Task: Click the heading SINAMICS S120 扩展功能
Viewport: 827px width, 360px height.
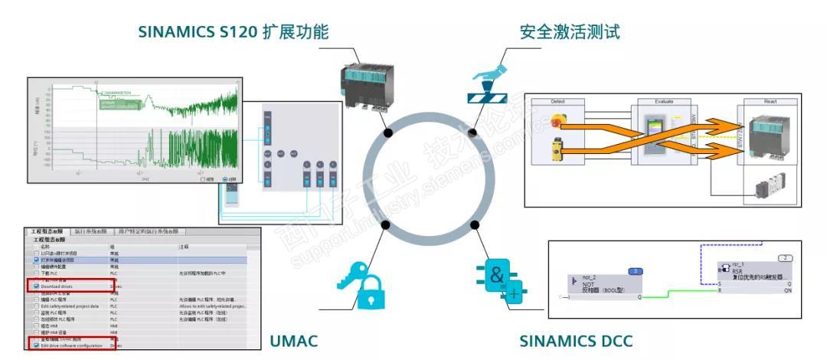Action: [233, 32]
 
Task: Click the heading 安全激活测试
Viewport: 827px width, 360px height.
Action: [569, 32]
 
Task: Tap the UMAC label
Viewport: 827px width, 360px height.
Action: [293, 339]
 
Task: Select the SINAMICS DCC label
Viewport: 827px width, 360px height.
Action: [576, 339]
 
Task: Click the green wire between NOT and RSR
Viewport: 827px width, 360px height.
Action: [681, 292]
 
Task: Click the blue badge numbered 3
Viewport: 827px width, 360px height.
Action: [635, 271]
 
